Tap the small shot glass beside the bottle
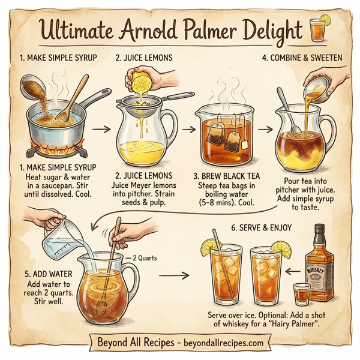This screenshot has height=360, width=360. (300, 294)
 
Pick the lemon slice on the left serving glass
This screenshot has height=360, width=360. (209, 245)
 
